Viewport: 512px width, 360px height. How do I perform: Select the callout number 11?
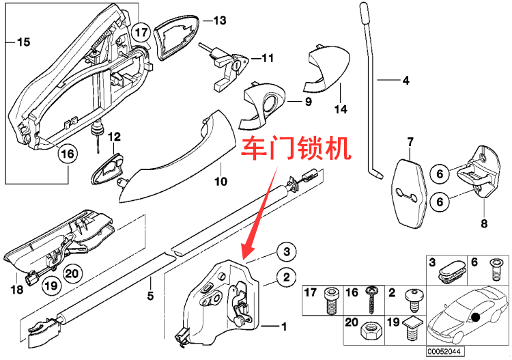266,59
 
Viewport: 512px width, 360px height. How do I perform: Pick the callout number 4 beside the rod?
405,81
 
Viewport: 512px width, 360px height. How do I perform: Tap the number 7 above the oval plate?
410,142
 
